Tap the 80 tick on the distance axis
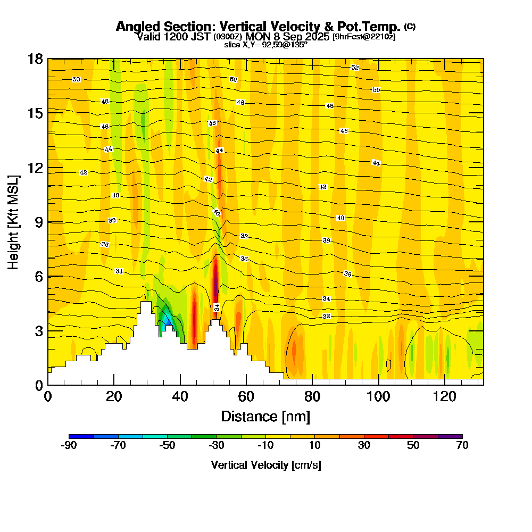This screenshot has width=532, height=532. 313,396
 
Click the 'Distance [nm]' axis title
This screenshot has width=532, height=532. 265,416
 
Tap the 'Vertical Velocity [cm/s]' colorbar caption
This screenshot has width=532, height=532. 265,465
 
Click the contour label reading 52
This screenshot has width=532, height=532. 355,68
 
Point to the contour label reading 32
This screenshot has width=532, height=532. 327,317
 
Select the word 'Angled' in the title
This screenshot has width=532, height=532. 134,27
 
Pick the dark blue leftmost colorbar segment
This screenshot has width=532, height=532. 81,436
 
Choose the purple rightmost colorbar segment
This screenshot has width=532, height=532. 450,436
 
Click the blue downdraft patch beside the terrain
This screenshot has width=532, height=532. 167,319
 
